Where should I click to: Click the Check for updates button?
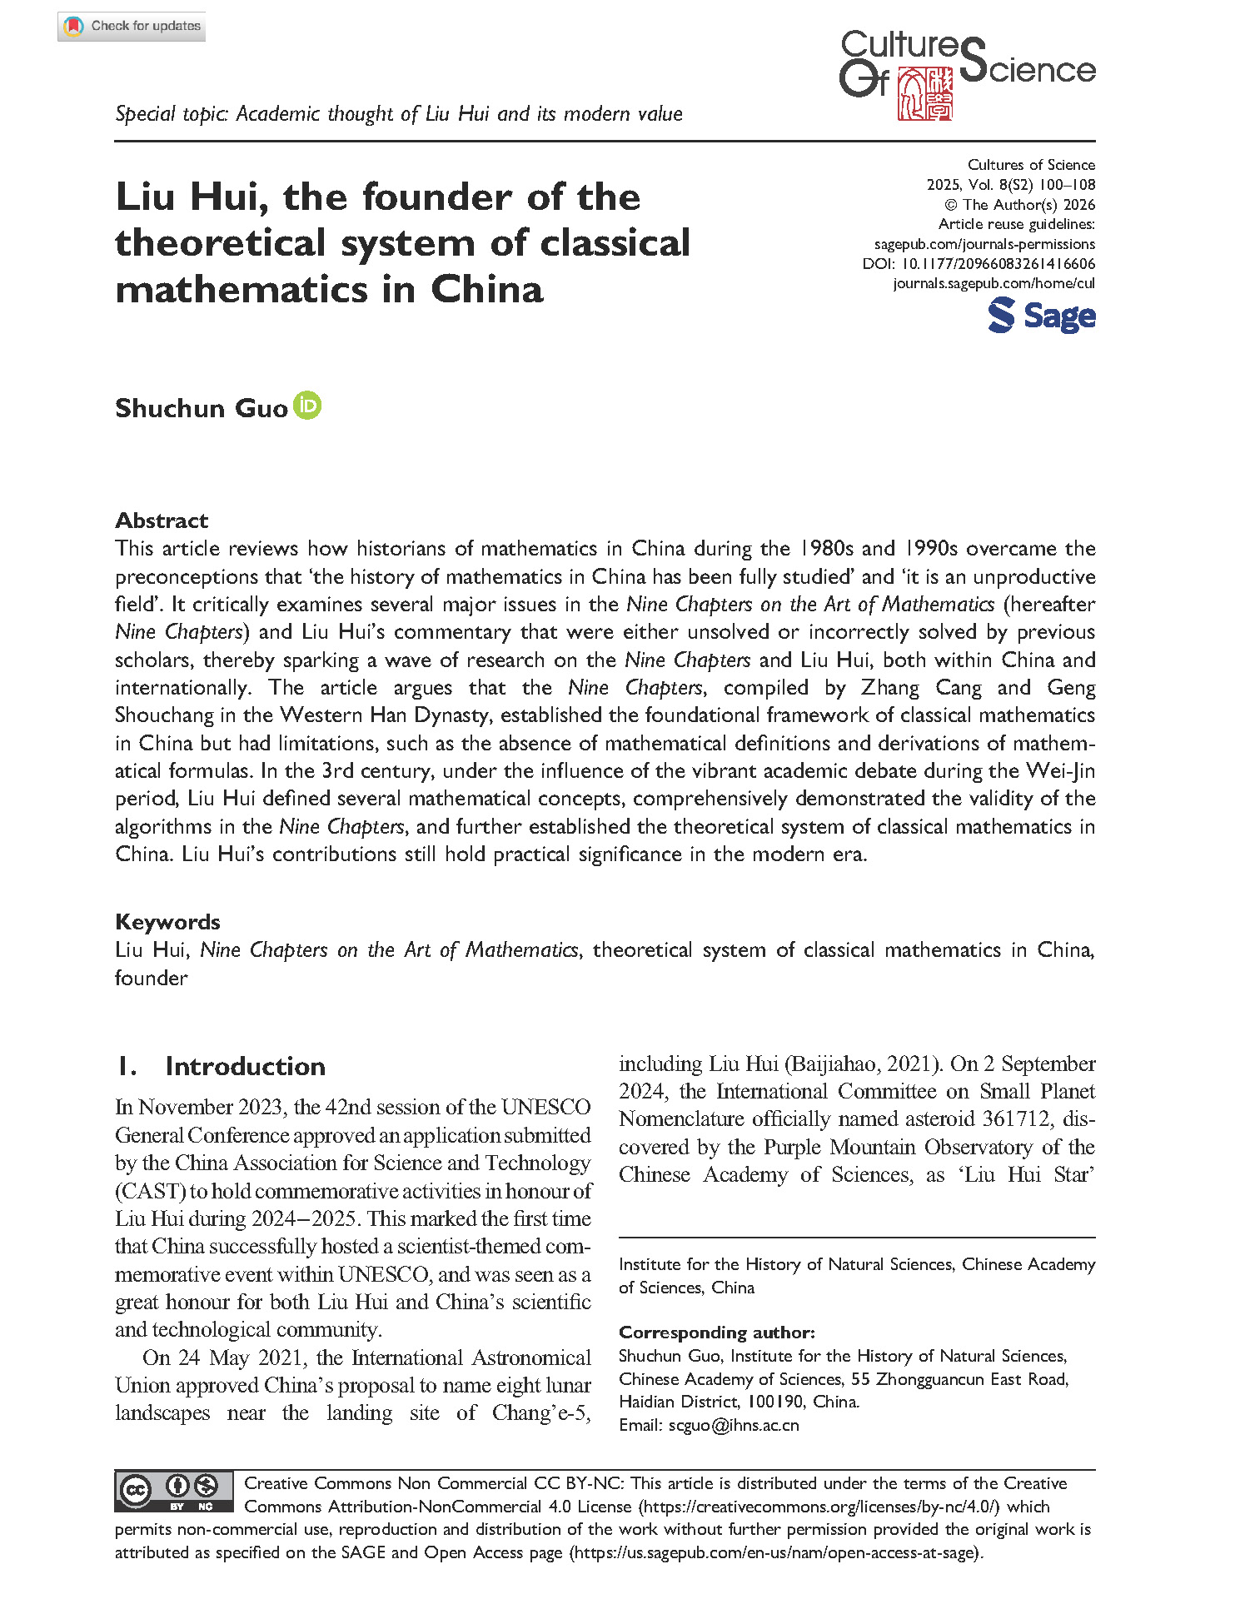click(x=132, y=27)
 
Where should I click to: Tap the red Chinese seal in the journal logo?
click(x=924, y=94)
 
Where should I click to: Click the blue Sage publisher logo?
click(x=1041, y=316)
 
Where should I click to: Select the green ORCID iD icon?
click(x=307, y=406)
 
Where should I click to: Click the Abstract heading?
click(x=162, y=521)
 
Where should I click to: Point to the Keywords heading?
click(x=167, y=922)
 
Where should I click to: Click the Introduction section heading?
click(x=245, y=1066)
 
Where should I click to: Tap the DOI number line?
click(x=979, y=264)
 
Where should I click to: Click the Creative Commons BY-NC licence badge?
click(x=174, y=1492)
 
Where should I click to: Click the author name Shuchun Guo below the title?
click(x=201, y=408)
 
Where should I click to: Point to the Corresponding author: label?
click(x=716, y=1333)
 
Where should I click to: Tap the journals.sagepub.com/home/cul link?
click(x=993, y=283)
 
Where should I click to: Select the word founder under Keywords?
click(x=151, y=978)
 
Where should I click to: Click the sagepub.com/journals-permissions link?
click(x=984, y=244)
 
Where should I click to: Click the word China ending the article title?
click(x=486, y=290)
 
